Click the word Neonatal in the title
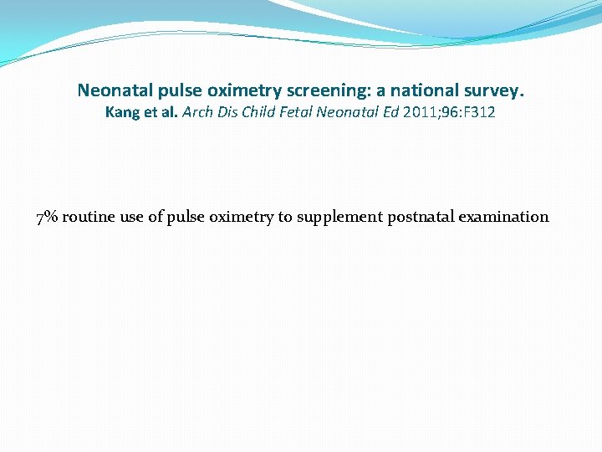click(112, 89)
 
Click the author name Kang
click(122, 112)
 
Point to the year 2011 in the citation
click(416, 112)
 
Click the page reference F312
click(478, 112)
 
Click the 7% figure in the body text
click(47, 218)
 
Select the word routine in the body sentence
click(89, 218)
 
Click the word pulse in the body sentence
click(186, 218)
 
